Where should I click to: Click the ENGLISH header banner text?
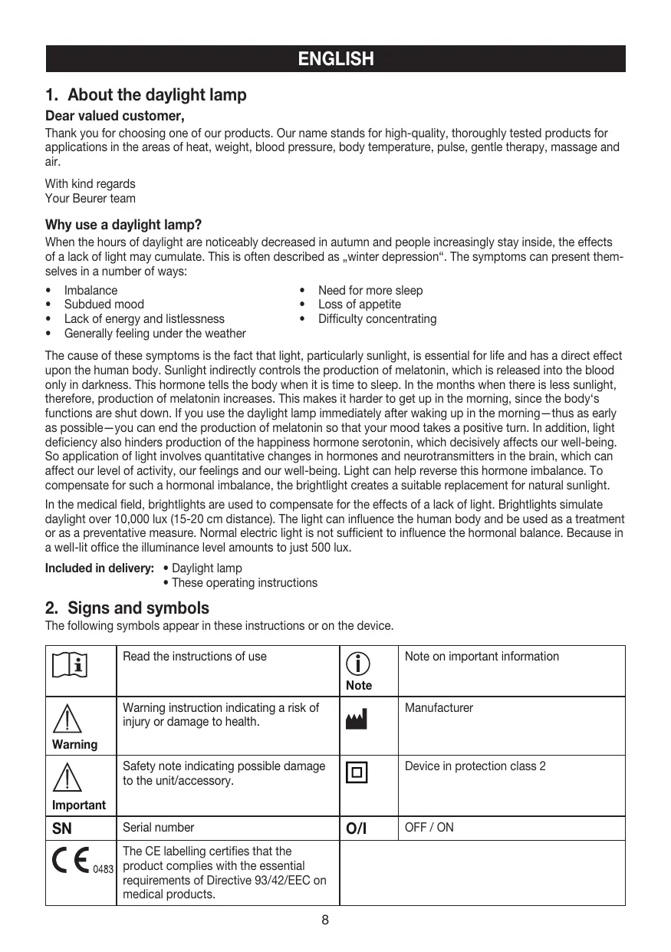coord(335,59)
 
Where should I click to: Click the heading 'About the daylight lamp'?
coord(156,95)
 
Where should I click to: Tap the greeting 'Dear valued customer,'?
coord(115,117)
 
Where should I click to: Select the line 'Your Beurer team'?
coord(90,199)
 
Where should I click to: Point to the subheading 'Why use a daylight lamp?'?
coord(123,225)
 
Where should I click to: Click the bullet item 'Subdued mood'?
coord(104,305)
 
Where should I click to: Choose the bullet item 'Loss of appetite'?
coord(360,305)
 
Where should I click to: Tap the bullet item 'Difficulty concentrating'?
coord(377,319)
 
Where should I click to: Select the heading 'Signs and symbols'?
coord(138,608)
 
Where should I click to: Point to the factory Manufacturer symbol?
coord(357,719)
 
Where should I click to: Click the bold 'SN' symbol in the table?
coord(62,828)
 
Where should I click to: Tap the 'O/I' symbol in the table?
coord(357,828)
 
